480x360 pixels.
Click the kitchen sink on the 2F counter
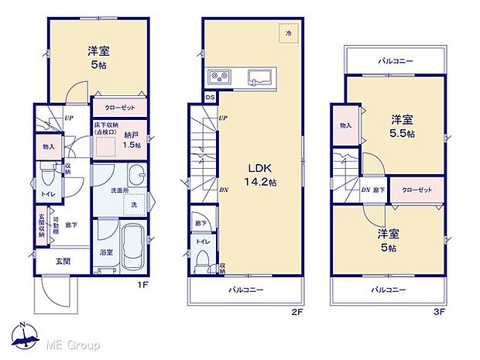pyautogui.click(x=259, y=77)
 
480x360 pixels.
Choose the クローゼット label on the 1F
pyautogui.click(x=118, y=109)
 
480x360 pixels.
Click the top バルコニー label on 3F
pyautogui.click(x=396, y=60)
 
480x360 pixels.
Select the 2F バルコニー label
pyautogui.click(x=246, y=290)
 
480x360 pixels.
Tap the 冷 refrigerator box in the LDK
pyautogui.click(x=290, y=34)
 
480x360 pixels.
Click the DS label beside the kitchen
pyautogui.click(x=211, y=97)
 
